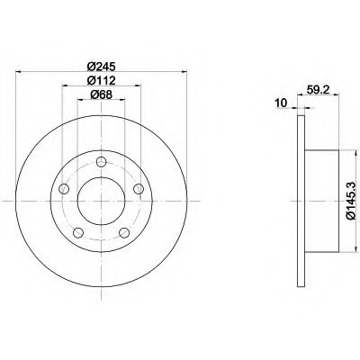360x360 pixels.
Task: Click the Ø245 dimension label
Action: tap(101, 67)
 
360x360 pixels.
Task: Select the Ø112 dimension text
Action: tap(101, 80)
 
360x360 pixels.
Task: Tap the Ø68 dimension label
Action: tap(101, 94)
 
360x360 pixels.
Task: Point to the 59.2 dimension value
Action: tap(316, 89)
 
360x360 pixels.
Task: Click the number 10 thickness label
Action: tap(281, 103)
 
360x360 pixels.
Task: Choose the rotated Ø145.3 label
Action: tap(353, 201)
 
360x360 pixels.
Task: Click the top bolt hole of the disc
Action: tap(102, 162)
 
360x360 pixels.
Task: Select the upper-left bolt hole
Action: tap(64, 189)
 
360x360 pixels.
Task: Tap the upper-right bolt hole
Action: tap(139, 189)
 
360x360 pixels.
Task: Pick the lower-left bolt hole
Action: tap(78, 232)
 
